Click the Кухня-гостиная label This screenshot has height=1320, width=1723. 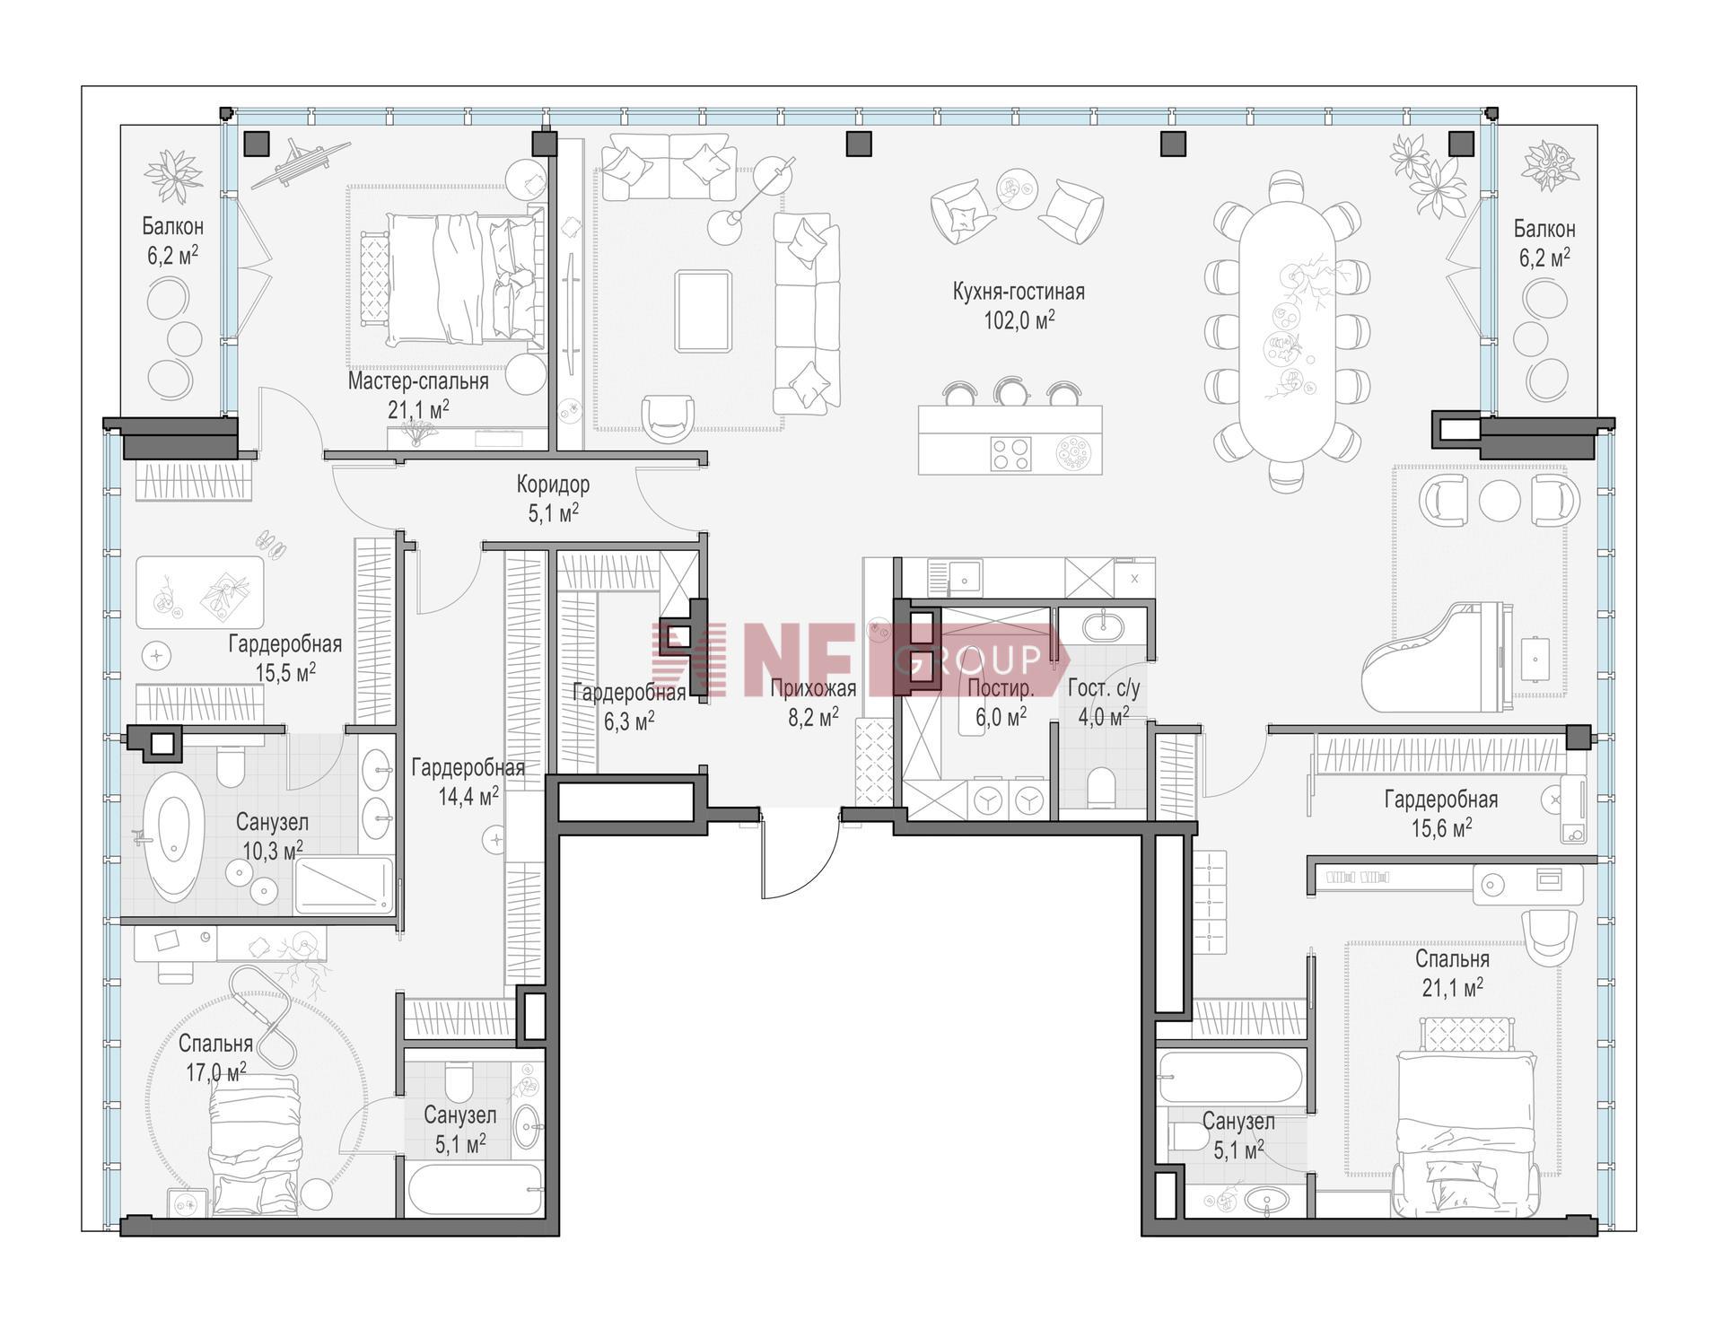1019,292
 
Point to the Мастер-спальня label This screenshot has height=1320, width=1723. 418,381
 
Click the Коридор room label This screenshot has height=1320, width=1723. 553,485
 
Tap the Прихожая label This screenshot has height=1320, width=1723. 813,688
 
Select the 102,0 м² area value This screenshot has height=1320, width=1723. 1019,320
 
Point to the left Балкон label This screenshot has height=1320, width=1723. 172,226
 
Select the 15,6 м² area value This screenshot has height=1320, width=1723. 1441,827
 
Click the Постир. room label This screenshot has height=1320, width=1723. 1001,688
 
